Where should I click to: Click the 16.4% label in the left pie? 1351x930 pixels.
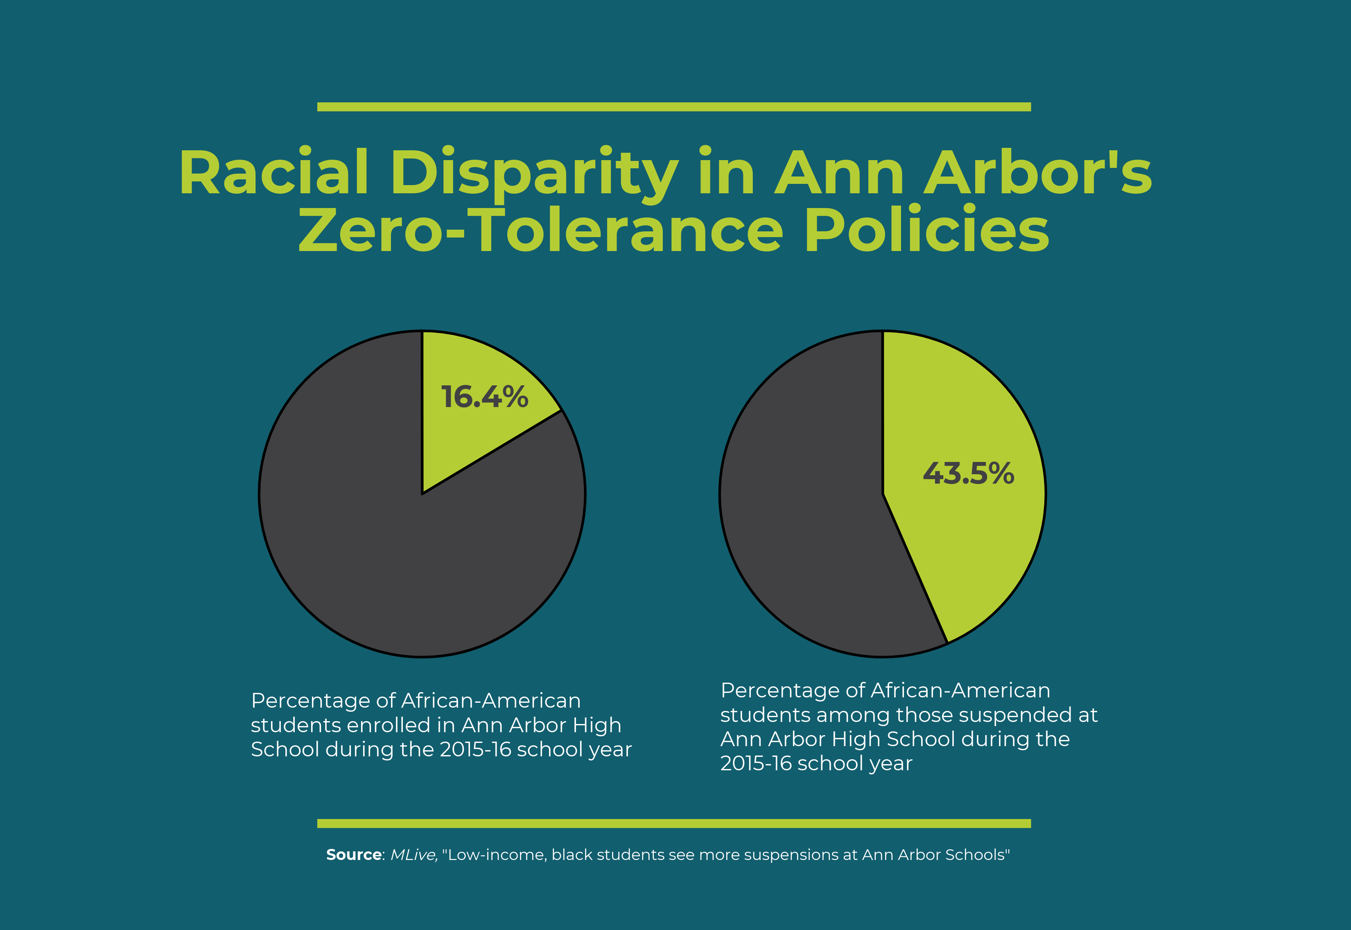click(x=485, y=397)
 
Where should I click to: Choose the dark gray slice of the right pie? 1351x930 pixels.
click(x=810, y=525)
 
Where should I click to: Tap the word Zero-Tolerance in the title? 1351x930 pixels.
click(x=541, y=230)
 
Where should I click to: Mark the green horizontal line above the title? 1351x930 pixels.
click(x=674, y=106)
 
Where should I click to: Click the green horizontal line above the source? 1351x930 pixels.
click(x=674, y=824)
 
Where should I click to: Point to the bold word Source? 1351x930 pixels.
click(x=354, y=855)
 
